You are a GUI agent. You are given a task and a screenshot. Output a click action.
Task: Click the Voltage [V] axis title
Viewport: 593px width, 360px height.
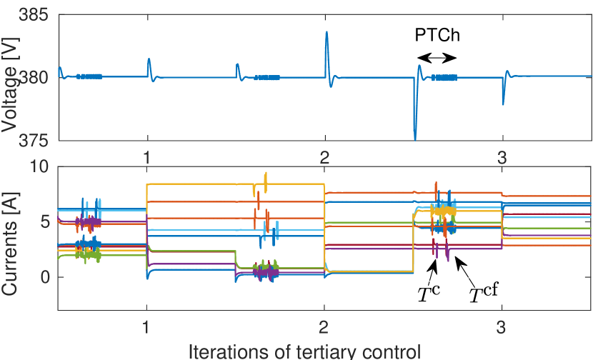[x=9, y=77]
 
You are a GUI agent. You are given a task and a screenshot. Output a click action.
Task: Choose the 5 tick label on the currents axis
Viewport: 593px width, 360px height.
[x=45, y=221]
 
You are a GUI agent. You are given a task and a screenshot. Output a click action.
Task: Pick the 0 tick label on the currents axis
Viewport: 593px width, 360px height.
[x=45, y=277]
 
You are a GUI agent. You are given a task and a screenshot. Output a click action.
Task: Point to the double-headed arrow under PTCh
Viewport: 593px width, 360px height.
[x=436, y=58]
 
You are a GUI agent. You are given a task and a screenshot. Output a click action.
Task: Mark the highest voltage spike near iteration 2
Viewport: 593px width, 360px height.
[x=327, y=31]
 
